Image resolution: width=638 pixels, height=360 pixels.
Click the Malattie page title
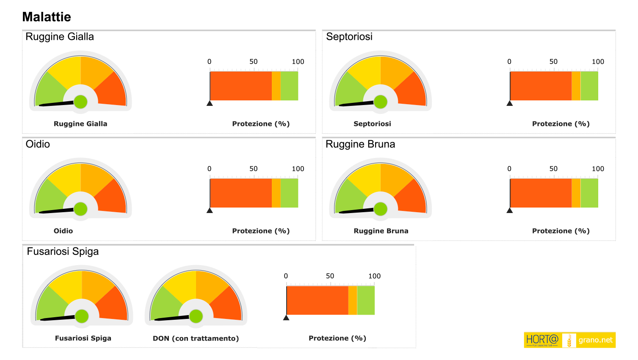(47, 17)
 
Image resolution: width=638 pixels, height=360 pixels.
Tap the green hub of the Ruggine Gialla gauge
(80, 102)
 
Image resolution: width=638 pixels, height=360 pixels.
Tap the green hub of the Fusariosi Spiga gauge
(82, 316)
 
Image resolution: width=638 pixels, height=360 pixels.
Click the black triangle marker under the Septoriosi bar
(510, 103)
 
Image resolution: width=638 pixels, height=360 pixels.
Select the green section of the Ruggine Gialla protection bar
(289, 86)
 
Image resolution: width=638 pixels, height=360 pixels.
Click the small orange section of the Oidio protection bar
(276, 193)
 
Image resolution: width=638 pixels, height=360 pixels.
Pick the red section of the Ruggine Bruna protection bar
(541, 193)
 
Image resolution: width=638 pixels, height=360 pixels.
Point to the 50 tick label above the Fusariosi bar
(330, 276)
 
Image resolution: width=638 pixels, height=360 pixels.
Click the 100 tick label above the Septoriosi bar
(598, 62)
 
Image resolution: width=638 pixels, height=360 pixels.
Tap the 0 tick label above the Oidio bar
(209, 169)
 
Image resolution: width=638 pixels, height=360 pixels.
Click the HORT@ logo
(542, 340)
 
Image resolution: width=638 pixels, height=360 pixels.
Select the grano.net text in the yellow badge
(595, 340)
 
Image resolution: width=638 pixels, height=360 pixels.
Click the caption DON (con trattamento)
(196, 338)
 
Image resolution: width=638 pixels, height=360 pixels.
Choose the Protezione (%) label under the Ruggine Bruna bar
(561, 231)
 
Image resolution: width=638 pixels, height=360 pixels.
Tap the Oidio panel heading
(38, 144)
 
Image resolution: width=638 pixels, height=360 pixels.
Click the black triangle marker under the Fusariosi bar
(286, 317)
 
